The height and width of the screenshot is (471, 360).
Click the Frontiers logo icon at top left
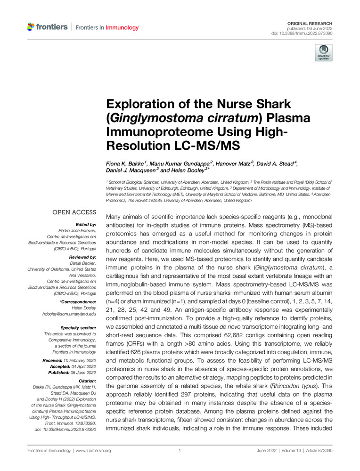coord(31,27)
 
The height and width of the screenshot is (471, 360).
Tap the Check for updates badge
coord(324,53)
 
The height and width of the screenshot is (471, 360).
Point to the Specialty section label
coord(76,326)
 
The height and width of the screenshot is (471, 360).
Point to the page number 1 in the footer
coord(180,451)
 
